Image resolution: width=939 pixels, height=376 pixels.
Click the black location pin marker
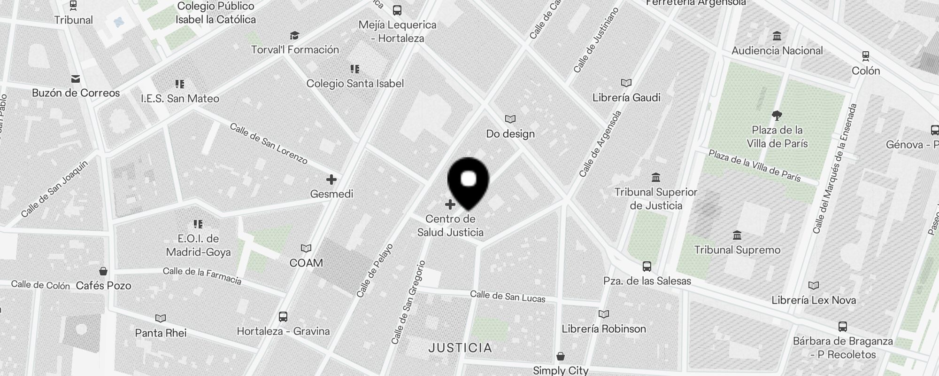pos(469,181)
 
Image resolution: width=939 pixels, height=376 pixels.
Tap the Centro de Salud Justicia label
pos(450,226)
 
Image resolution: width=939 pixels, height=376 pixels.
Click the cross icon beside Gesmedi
pos(331,180)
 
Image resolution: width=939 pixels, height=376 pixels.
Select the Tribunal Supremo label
pos(737,250)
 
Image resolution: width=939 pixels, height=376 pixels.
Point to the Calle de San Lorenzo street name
pos(269,144)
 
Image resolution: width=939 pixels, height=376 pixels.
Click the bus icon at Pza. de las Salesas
pos(647,266)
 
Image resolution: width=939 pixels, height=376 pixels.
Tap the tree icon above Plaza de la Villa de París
pos(777,115)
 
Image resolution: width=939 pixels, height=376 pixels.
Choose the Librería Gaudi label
pos(626,98)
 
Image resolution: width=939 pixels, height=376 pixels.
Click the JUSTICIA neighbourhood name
pos(461,348)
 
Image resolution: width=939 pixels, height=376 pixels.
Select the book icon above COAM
pos(306,248)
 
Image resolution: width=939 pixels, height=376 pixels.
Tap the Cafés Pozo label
pos(103,285)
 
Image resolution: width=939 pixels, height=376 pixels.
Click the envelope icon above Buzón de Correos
pos(76,78)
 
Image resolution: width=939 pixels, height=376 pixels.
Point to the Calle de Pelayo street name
pos(374,271)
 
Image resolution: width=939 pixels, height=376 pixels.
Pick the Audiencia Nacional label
pos(777,51)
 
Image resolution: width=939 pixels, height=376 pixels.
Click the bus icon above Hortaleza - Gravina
pos(283,317)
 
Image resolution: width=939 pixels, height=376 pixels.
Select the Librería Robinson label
pos(604,329)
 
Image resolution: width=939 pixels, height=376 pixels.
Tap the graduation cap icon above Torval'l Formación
pos(294,36)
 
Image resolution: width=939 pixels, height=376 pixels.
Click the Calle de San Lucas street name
pos(508,297)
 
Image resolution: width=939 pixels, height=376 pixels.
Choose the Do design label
pos(510,134)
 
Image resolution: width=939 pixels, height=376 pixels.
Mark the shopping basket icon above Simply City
pos(560,356)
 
